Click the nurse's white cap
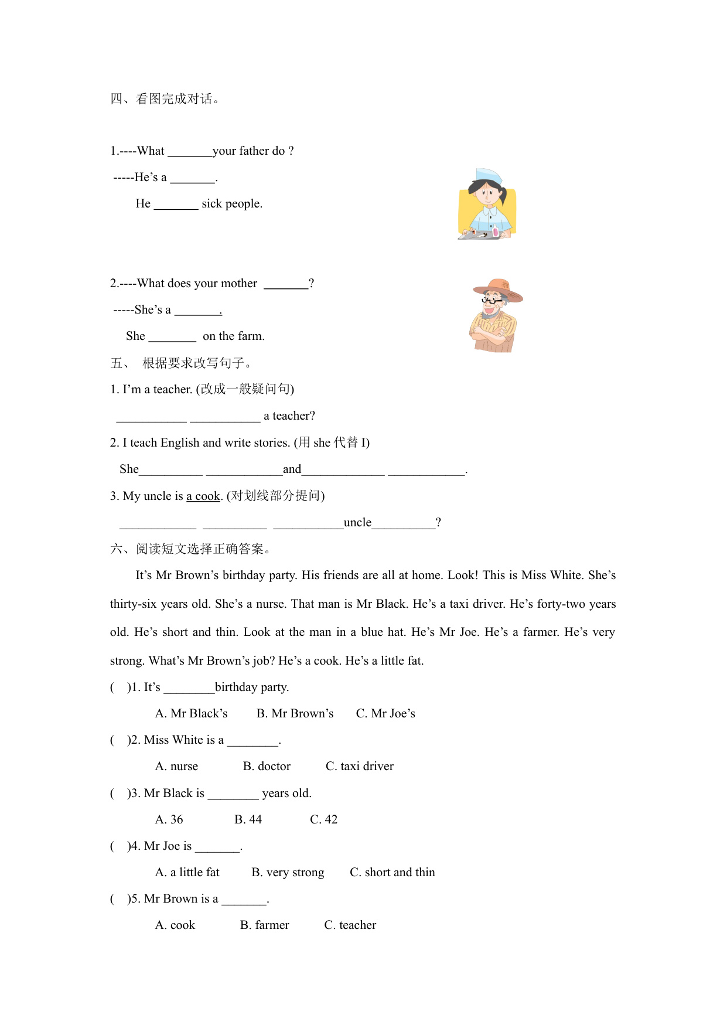point(489,176)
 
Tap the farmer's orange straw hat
point(499,288)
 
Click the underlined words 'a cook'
point(203,496)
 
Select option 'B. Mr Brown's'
point(295,713)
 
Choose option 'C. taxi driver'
point(359,766)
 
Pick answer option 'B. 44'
point(248,819)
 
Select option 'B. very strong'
point(288,872)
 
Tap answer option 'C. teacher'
point(350,925)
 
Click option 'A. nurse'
point(176,766)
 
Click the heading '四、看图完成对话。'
point(165,99)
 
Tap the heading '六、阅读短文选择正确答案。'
point(190,549)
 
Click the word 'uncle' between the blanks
point(357,522)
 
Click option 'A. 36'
point(169,819)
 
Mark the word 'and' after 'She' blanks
point(292,469)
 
